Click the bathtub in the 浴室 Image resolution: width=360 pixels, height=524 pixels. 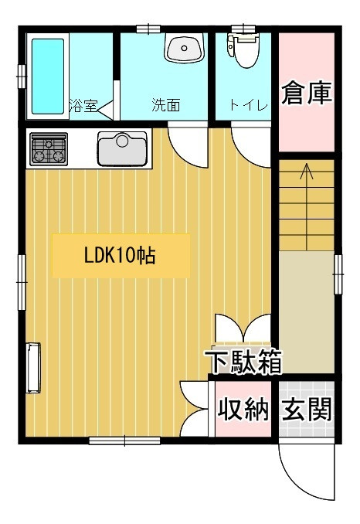tap(47, 77)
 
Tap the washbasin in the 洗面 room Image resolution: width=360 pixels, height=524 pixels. tap(184, 48)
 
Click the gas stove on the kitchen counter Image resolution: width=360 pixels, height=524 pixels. tap(49, 149)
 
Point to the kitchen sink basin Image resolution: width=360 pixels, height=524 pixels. tap(122, 148)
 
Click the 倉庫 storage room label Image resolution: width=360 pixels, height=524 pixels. tap(307, 93)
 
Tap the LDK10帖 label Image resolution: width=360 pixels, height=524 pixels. tap(120, 256)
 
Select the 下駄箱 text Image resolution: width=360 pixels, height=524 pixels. tap(243, 362)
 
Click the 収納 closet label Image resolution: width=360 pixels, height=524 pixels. tap(243, 408)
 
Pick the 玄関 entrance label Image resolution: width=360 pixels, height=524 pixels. tap(307, 408)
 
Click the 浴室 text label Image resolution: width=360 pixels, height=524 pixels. tap(83, 105)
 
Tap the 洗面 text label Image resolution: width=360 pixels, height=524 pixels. tap(166, 105)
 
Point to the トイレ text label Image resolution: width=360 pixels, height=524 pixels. tap(249, 106)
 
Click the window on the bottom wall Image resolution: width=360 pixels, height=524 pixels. tap(124, 441)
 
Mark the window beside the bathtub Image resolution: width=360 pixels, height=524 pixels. tap(22, 77)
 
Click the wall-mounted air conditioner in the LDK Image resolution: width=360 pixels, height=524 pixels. tap(33, 368)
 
